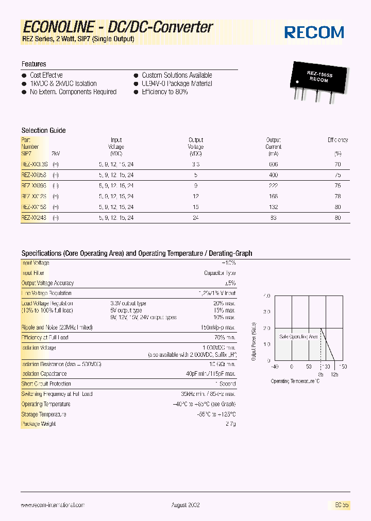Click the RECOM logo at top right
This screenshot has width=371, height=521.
pyautogui.click(x=314, y=32)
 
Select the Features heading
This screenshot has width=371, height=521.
pyautogui.click(x=33, y=64)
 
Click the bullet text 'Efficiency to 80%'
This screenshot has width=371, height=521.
pyautogui.click(x=164, y=92)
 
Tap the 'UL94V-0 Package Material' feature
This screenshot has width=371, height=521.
pyautogui.click(x=177, y=83)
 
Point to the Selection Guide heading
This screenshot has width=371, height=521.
pyautogui.click(x=43, y=130)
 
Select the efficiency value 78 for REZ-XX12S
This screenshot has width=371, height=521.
pyautogui.click(x=338, y=196)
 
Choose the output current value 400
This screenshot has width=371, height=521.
pyautogui.click(x=273, y=175)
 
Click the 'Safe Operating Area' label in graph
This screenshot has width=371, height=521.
pyautogui.click(x=298, y=336)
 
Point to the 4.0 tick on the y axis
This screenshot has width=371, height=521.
pyautogui.click(x=266, y=296)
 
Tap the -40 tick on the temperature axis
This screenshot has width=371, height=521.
pyautogui.click(x=274, y=367)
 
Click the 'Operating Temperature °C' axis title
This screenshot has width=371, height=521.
pyautogui.click(x=295, y=381)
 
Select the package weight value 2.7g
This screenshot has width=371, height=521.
pyautogui.click(x=230, y=424)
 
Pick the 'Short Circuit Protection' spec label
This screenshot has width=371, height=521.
pyautogui.click(x=46, y=384)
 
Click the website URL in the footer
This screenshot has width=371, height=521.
pyautogui.click(x=53, y=506)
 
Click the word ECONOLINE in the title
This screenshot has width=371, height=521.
pyautogui.click(x=58, y=27)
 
